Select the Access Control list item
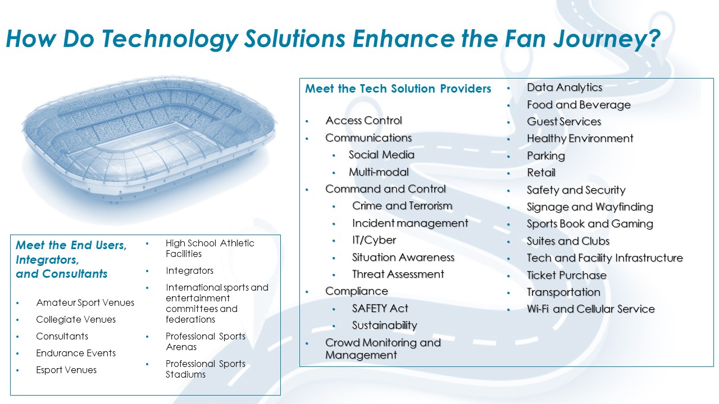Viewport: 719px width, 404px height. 363,121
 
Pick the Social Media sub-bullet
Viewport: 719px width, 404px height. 381,155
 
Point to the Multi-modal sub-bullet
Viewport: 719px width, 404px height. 379,172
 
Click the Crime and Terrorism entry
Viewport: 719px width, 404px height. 402,206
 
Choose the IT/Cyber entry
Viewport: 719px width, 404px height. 374,240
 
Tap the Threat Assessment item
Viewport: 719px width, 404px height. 398,274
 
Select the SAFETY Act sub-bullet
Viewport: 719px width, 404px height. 380,309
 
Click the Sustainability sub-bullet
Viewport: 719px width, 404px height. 385,325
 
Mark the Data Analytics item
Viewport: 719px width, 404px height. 564,88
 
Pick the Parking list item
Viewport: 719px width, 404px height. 545,156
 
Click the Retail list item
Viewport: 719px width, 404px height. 541,173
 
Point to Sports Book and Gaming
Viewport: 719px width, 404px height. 590,224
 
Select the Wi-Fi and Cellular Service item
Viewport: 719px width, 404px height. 590,309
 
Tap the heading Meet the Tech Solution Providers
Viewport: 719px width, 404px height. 398,89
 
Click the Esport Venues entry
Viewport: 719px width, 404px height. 66,370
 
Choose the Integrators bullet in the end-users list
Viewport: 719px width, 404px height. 189,271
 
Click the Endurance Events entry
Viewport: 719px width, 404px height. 76,353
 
